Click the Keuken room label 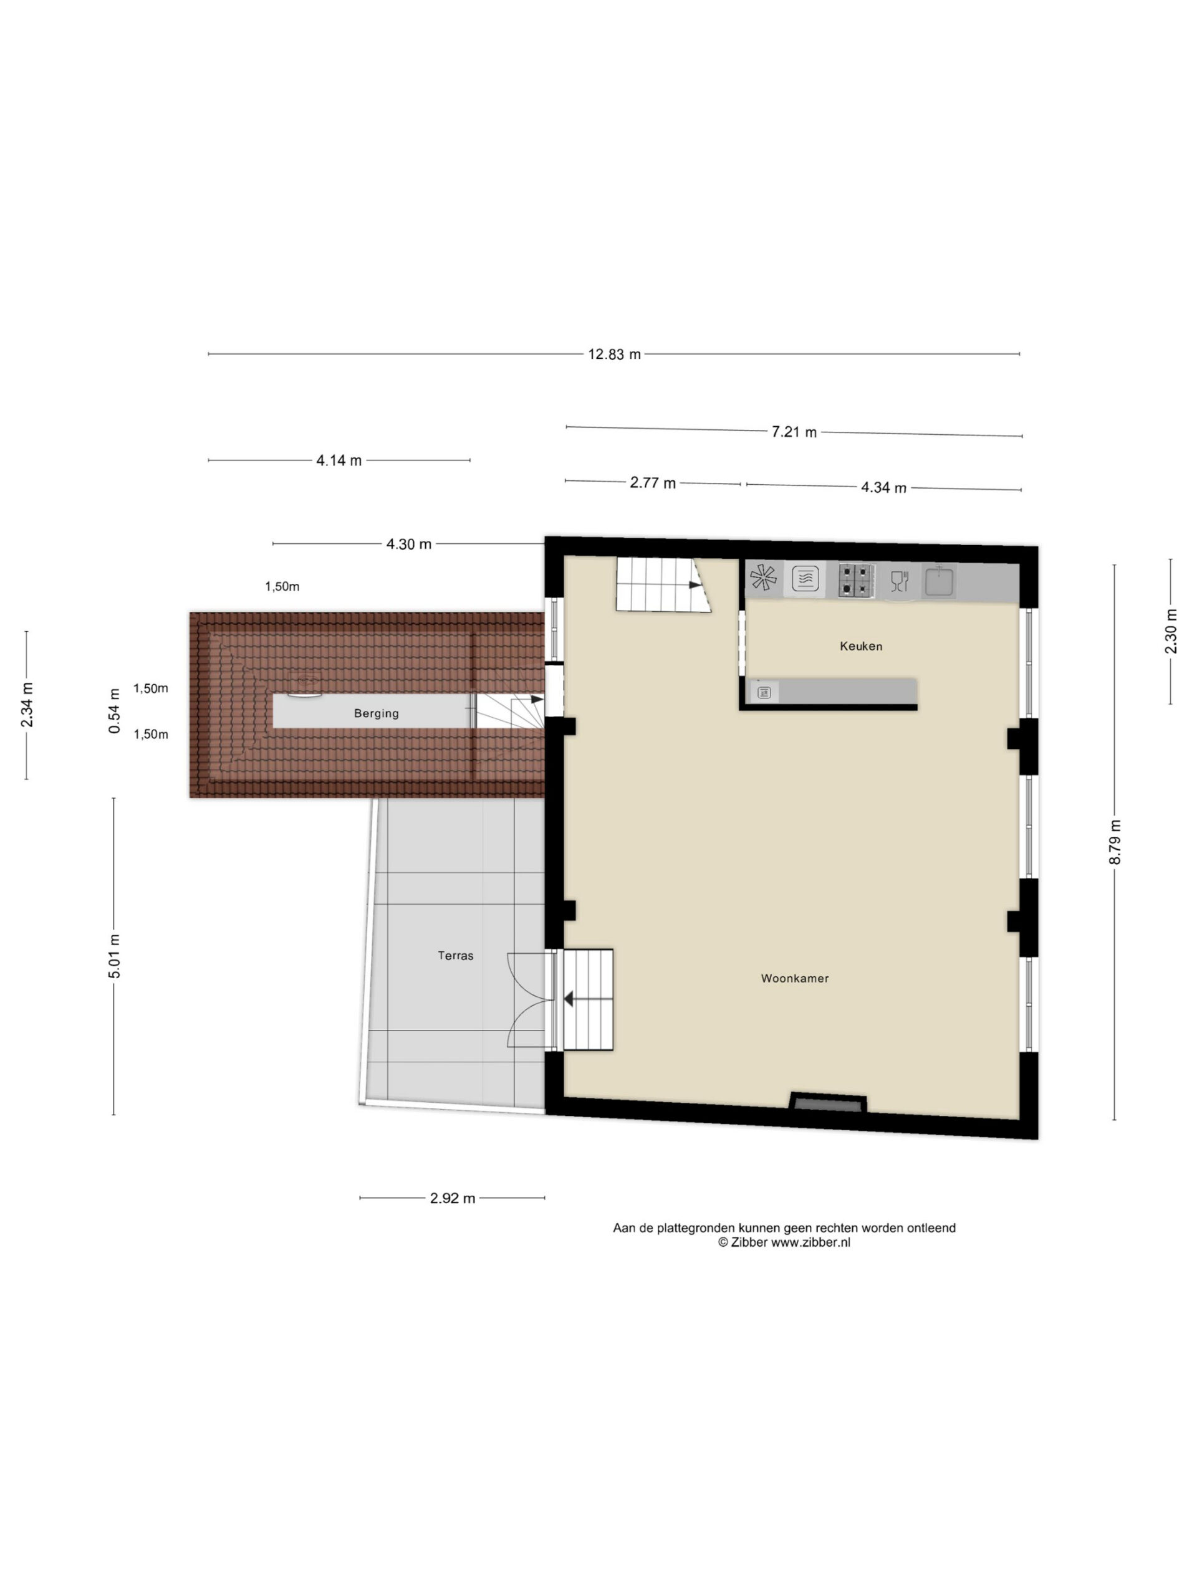tap(861, 646)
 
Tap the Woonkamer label tap(794, 978)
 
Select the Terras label tap(455, 955)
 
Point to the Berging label tap(376, 713)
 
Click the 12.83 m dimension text tap(614, 354)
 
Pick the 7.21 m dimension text tap(794, 432)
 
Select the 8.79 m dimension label tap(1115, 842)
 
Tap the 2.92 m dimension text tap(453, 1198)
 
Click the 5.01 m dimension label tap(115, 956)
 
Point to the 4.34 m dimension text tap(883, 487)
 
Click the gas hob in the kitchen tap(857, 579)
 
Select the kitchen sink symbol tap(939, 581)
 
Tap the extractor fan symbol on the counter tap(763, 578)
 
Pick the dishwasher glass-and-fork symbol tap(899, 581)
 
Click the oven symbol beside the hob tap(805, 579)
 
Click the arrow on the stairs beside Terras tap(569, 999)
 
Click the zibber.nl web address tap(810, 1242)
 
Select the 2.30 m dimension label tap(1170, 632)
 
